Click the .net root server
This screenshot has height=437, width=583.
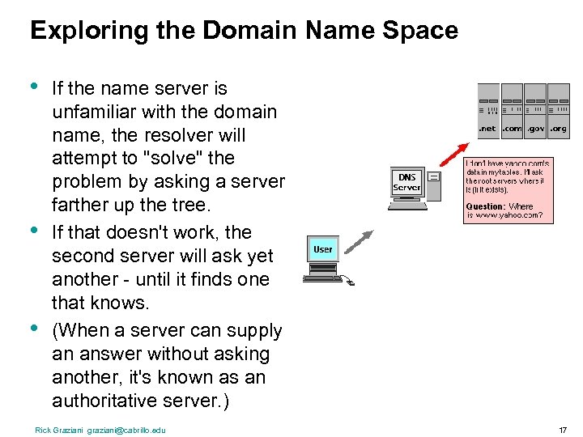(488, 109)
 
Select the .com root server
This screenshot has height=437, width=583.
(512, 109)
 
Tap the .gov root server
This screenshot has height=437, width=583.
(535, 109)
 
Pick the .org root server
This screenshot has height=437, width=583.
(559, 109)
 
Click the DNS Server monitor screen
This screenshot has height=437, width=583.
(406, 182)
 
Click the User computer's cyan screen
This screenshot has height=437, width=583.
(322, 249)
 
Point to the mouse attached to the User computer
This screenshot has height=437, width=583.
(349, 282)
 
